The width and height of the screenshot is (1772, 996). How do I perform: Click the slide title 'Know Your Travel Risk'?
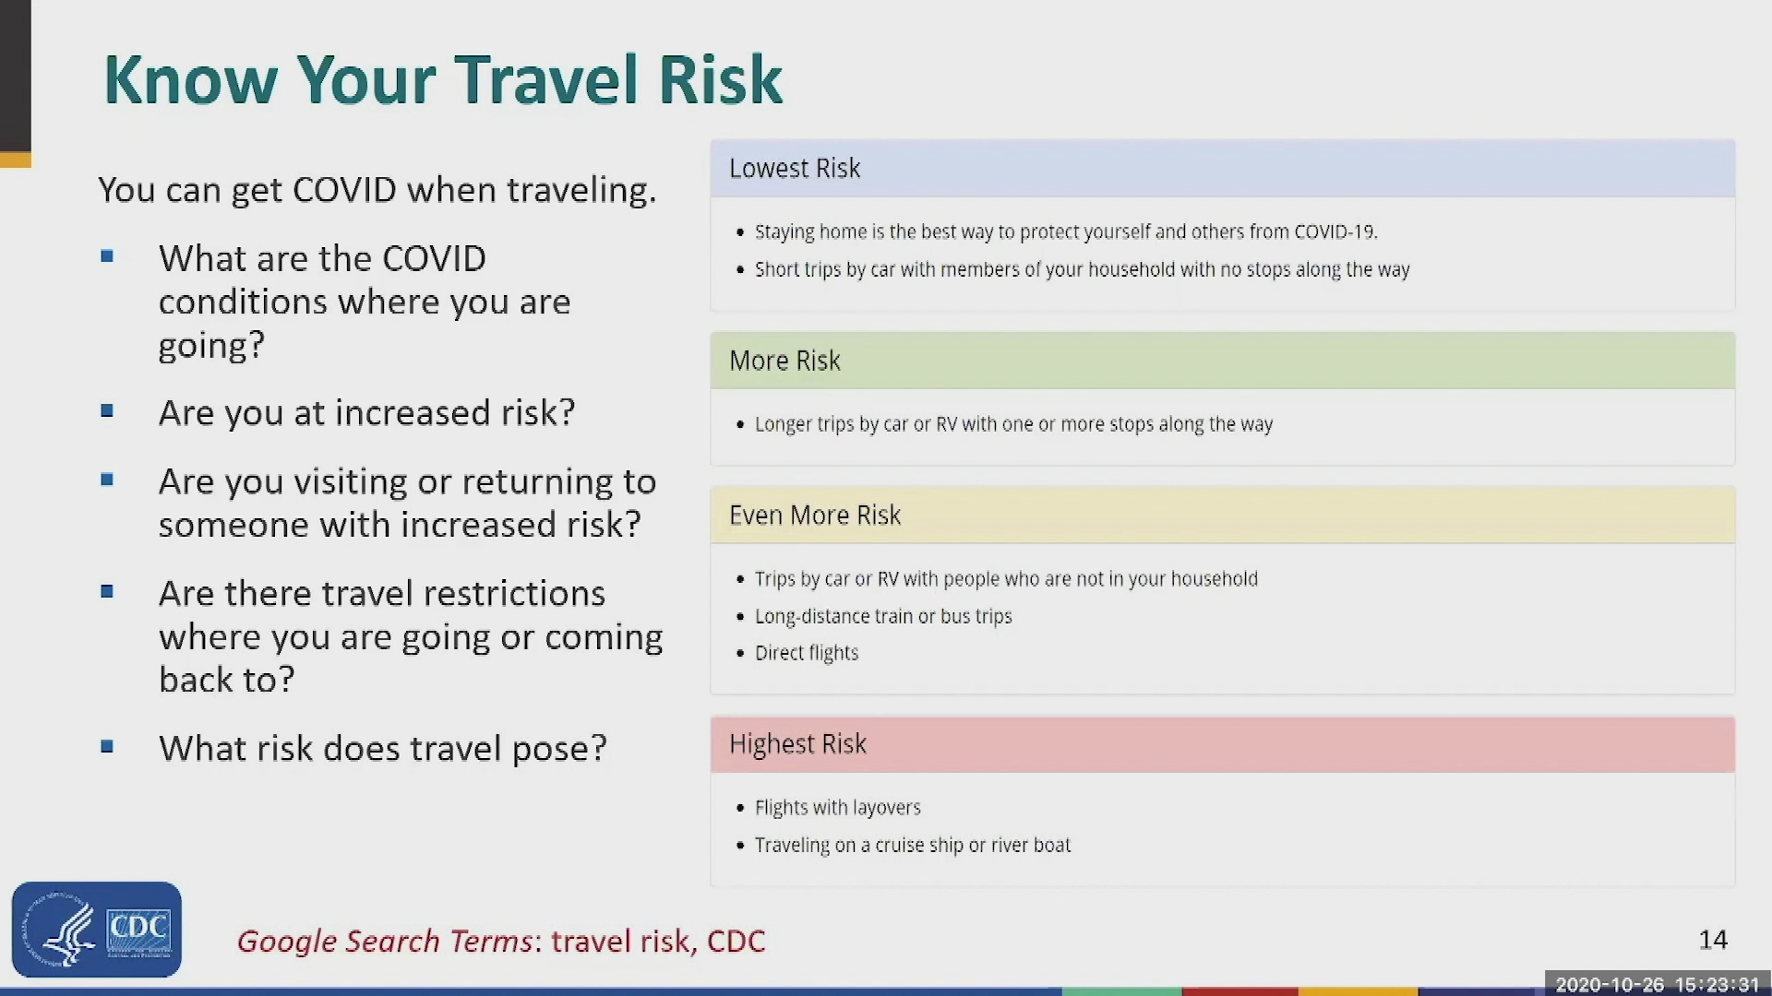(x=443, y=79)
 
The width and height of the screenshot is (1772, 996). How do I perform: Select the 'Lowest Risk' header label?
(x=795, y=168)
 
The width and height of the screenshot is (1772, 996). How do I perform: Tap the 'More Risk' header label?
(x=784, y=361)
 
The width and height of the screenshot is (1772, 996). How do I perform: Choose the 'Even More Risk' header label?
(x=815, y=515)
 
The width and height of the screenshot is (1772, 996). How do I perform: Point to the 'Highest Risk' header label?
(x=798, y=744)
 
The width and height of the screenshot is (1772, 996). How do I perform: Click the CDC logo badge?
(x=97, y=929)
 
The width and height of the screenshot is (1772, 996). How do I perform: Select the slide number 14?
(x=1713, y=940)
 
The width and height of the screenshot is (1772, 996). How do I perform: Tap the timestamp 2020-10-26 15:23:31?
(x=1658, y=985)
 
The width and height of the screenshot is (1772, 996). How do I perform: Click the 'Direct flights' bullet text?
(x=807, y=653)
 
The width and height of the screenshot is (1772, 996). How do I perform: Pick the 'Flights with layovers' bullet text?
(x=838, y=808)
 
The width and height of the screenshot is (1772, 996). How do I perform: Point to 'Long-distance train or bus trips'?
(x=883, y=616)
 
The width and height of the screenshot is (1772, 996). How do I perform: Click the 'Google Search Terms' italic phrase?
(x=385, y=941)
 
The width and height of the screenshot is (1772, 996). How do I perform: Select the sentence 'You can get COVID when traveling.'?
(x=377, y=190)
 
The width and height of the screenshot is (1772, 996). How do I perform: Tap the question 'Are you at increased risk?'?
(x=366, y=413)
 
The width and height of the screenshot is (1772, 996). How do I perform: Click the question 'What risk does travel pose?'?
(x=383, y=749)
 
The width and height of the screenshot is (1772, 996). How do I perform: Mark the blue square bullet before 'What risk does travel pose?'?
(x=107, y=746)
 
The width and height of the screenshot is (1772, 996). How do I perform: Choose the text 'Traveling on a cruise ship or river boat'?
(x=913, y=845)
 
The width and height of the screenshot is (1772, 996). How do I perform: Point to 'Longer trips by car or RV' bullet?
(x=1013, y=424)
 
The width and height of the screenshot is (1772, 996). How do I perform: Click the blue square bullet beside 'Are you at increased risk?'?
(x=107, y=410)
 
